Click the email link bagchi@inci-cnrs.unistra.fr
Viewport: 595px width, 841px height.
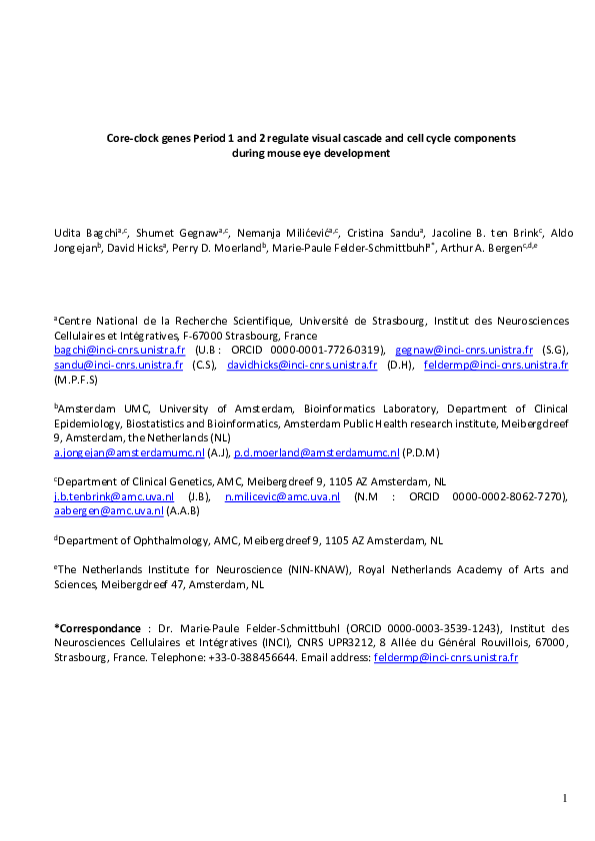119,351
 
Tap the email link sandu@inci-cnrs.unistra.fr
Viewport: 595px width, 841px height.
118,366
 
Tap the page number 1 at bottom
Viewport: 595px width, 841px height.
564,797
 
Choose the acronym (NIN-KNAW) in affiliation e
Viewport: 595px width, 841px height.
317,569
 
